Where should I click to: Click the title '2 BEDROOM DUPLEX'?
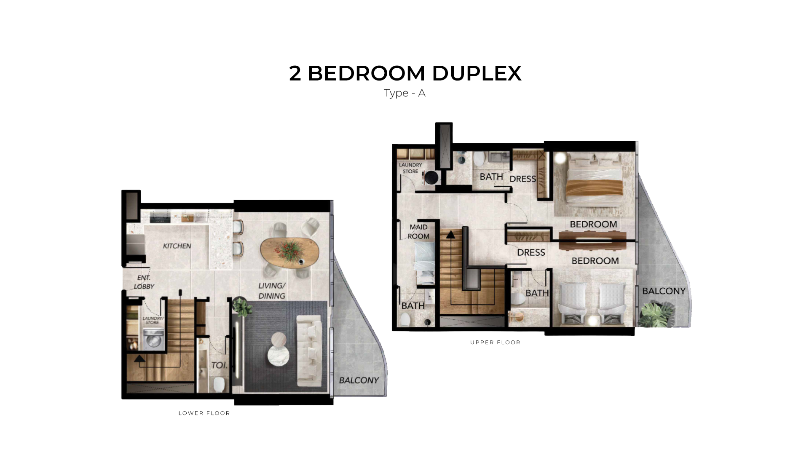click(405, 73)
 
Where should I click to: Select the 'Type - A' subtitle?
click(404, 93)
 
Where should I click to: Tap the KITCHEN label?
click(177, 246)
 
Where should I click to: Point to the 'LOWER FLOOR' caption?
click(204, 413)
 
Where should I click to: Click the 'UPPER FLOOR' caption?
click(496, 343)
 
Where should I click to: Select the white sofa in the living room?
click(310, 351)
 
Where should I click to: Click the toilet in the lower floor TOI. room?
click(219, 384)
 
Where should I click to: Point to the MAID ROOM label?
click(418, 232)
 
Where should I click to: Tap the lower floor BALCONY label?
click(359, 380)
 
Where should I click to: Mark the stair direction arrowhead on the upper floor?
click(451, 234)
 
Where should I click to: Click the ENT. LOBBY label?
click(144, 282)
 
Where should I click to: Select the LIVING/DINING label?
click(272, 291)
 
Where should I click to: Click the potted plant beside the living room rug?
click(242, 306)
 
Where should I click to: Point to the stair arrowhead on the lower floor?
click(139, 359)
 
